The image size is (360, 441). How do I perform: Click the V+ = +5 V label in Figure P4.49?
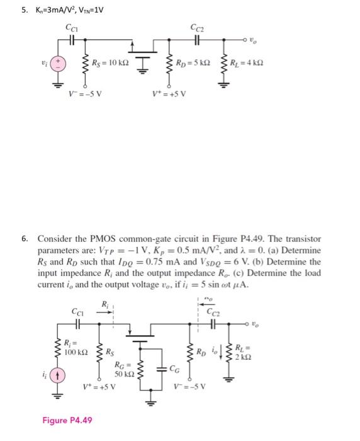tap(100, 386)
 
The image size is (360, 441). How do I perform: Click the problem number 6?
tap(25, 239)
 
